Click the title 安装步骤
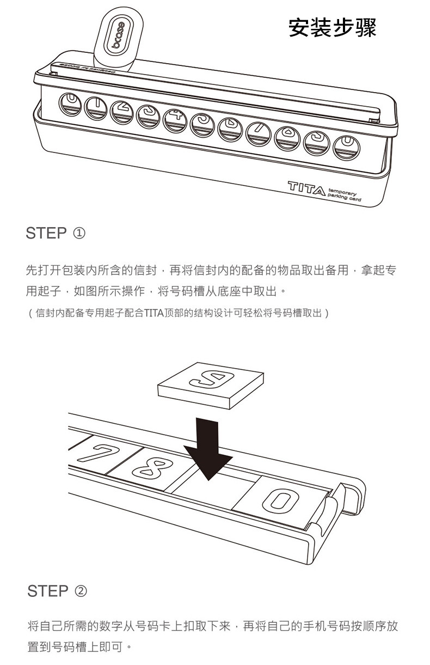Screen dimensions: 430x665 332,28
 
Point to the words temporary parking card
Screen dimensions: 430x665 345,197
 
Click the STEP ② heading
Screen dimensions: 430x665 57,591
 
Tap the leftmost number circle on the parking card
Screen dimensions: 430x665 70,103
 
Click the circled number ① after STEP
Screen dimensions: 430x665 78,234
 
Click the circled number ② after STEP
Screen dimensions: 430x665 79,591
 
